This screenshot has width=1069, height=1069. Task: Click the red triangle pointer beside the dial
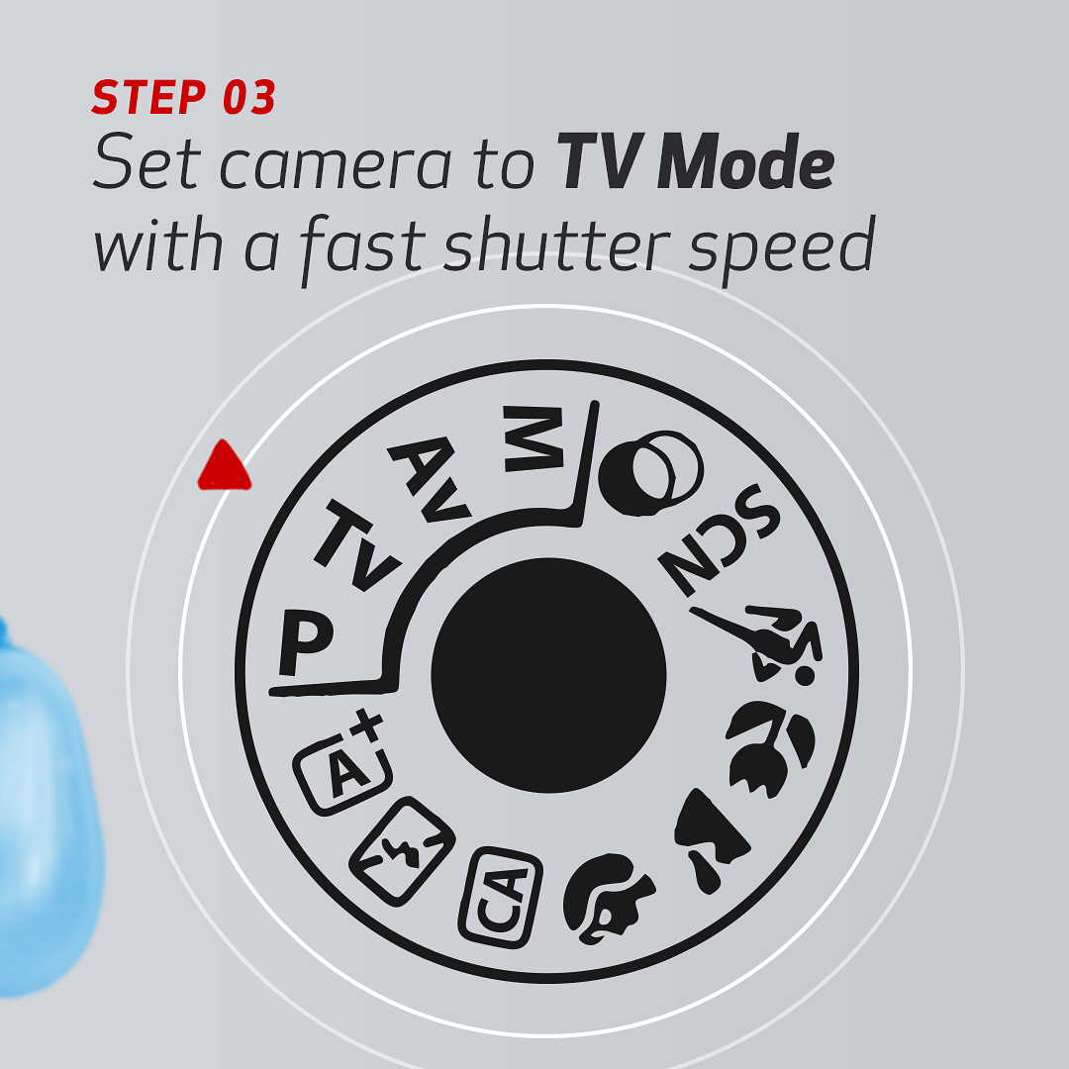coord(225,467)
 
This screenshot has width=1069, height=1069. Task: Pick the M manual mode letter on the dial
coord(534,438)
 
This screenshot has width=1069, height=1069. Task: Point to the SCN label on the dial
coord(719,538)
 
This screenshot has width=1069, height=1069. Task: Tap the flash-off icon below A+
coord(402,850)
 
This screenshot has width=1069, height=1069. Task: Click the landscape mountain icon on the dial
coord(710,838)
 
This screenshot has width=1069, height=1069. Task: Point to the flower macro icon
coord(770,748)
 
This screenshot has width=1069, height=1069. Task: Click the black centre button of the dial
coord(548,675)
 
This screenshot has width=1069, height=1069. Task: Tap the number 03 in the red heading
coord(248,97)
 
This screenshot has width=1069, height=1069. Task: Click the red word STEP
coord(149,97)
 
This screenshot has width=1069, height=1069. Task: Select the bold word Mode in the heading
coord(745,161)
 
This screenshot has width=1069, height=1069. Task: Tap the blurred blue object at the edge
coord(47,805)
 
